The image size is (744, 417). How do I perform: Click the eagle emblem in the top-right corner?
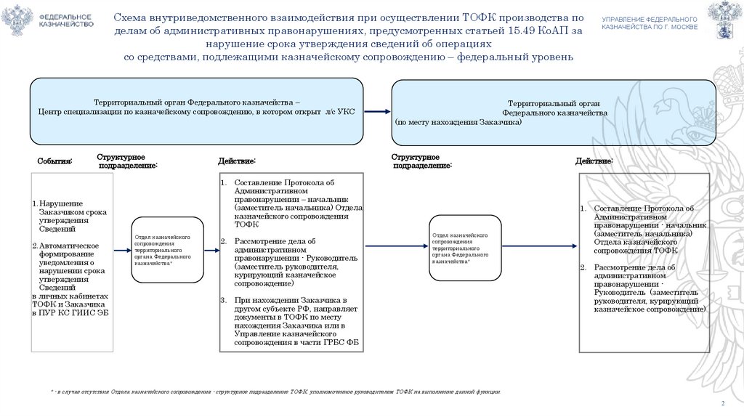pyautogui.click(x=724, y=20)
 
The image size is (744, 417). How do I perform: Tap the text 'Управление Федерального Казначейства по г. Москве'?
pyautogui.click(x=650, y=23)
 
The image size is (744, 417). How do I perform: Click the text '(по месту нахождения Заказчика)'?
pyautogui.click(x=458, y=123)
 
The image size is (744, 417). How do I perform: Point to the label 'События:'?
pyautogui.click(x=54, y=161)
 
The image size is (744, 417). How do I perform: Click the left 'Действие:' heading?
pyautogui.click(x=237, y=161)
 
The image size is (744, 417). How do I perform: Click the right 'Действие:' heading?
pyautogui.click(x=594, y=161)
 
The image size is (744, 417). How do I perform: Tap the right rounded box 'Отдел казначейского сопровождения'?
pyautogui.click(x=464, y=248)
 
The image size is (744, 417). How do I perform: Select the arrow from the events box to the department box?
pyautogui.click(x=122, y=251)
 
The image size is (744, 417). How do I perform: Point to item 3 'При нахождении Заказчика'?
pyautogui.click(x=290, y=300)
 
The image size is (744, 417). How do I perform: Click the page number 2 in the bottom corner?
pyautogui.click(x=722, y=403)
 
